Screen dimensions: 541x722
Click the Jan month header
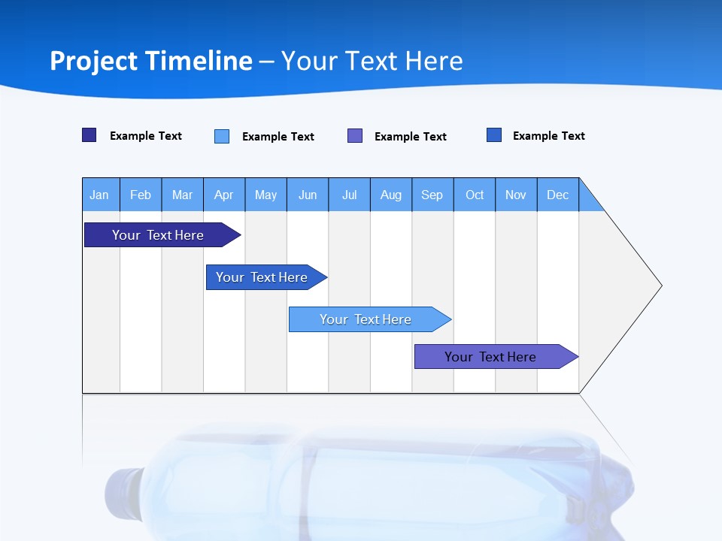(100, 195)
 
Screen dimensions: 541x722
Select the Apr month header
(224, 195)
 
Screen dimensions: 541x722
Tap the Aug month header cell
(391, 195)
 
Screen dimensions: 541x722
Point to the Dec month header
(558, 195)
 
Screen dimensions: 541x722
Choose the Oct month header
(475, 195)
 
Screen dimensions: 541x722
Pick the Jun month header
(308, 195)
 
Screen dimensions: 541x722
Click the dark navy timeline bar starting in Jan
(159, 235)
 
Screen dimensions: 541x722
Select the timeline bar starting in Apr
(262, 277)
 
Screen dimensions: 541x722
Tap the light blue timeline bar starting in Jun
(366, 319)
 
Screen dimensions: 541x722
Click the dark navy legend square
(89, 135)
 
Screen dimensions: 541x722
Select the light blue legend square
(222, 136)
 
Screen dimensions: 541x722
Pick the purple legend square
(355, 136)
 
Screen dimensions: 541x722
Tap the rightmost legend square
(494, 135)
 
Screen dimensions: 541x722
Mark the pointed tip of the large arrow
(660, 286)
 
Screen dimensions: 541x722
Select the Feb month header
(141, 195)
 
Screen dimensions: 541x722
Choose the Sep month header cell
(432, 195)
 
